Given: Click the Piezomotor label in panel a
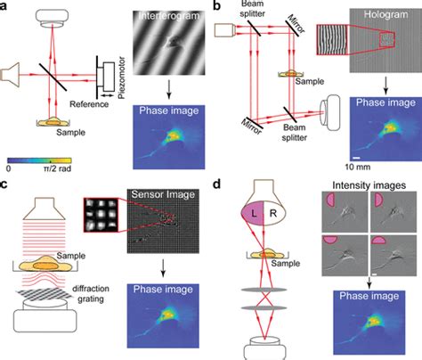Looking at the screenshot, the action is point(121,78).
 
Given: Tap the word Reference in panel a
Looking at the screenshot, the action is point(89,104).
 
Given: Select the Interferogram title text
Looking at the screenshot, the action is point(169,16).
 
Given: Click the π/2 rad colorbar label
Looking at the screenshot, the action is point(57,168).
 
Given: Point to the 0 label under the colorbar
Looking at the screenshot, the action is point(9,168).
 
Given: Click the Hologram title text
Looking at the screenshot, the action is point(385,14).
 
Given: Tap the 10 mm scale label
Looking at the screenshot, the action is point(358,167).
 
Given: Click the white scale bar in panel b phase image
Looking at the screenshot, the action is point(356,158).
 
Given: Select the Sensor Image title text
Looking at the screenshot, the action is point(163,194).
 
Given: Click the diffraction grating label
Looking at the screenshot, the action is point(91,294).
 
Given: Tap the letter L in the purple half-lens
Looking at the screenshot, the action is point(254,213).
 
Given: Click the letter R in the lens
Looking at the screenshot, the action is point(273,213).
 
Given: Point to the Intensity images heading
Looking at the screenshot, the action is point(369,185).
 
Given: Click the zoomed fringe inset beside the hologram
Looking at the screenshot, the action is point(332,40).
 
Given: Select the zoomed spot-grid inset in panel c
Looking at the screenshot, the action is point(101,215).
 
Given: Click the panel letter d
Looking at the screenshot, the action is point(217,184).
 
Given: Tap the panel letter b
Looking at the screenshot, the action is point(217,5).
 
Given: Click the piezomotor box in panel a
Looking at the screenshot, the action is point(109,77).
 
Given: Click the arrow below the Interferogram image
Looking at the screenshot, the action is point(168,89).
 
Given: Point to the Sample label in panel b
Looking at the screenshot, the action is point(310,81).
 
